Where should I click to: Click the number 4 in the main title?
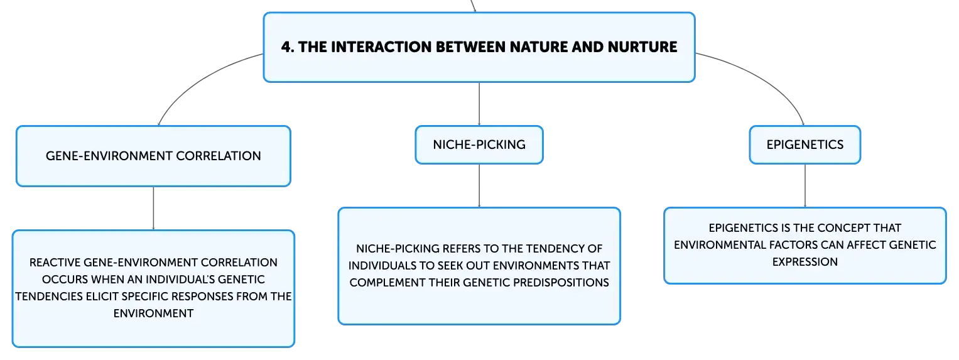click(286, 47)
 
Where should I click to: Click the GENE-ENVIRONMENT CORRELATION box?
click(153, 156)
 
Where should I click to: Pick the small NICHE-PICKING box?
click(479, 145)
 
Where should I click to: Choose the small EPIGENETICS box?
click(805, 145)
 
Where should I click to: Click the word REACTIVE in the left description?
click(55, 263)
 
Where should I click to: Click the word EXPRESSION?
click(805, 262)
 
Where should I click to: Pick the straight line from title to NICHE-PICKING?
click(479, 104)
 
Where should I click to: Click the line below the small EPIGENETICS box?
click(805, 186)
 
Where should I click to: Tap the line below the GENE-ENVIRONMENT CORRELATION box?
click(153, 209)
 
